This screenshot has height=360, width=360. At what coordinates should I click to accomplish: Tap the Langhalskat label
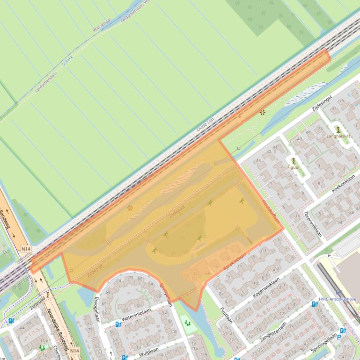338,136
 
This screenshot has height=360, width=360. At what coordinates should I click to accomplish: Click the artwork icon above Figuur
294,160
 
